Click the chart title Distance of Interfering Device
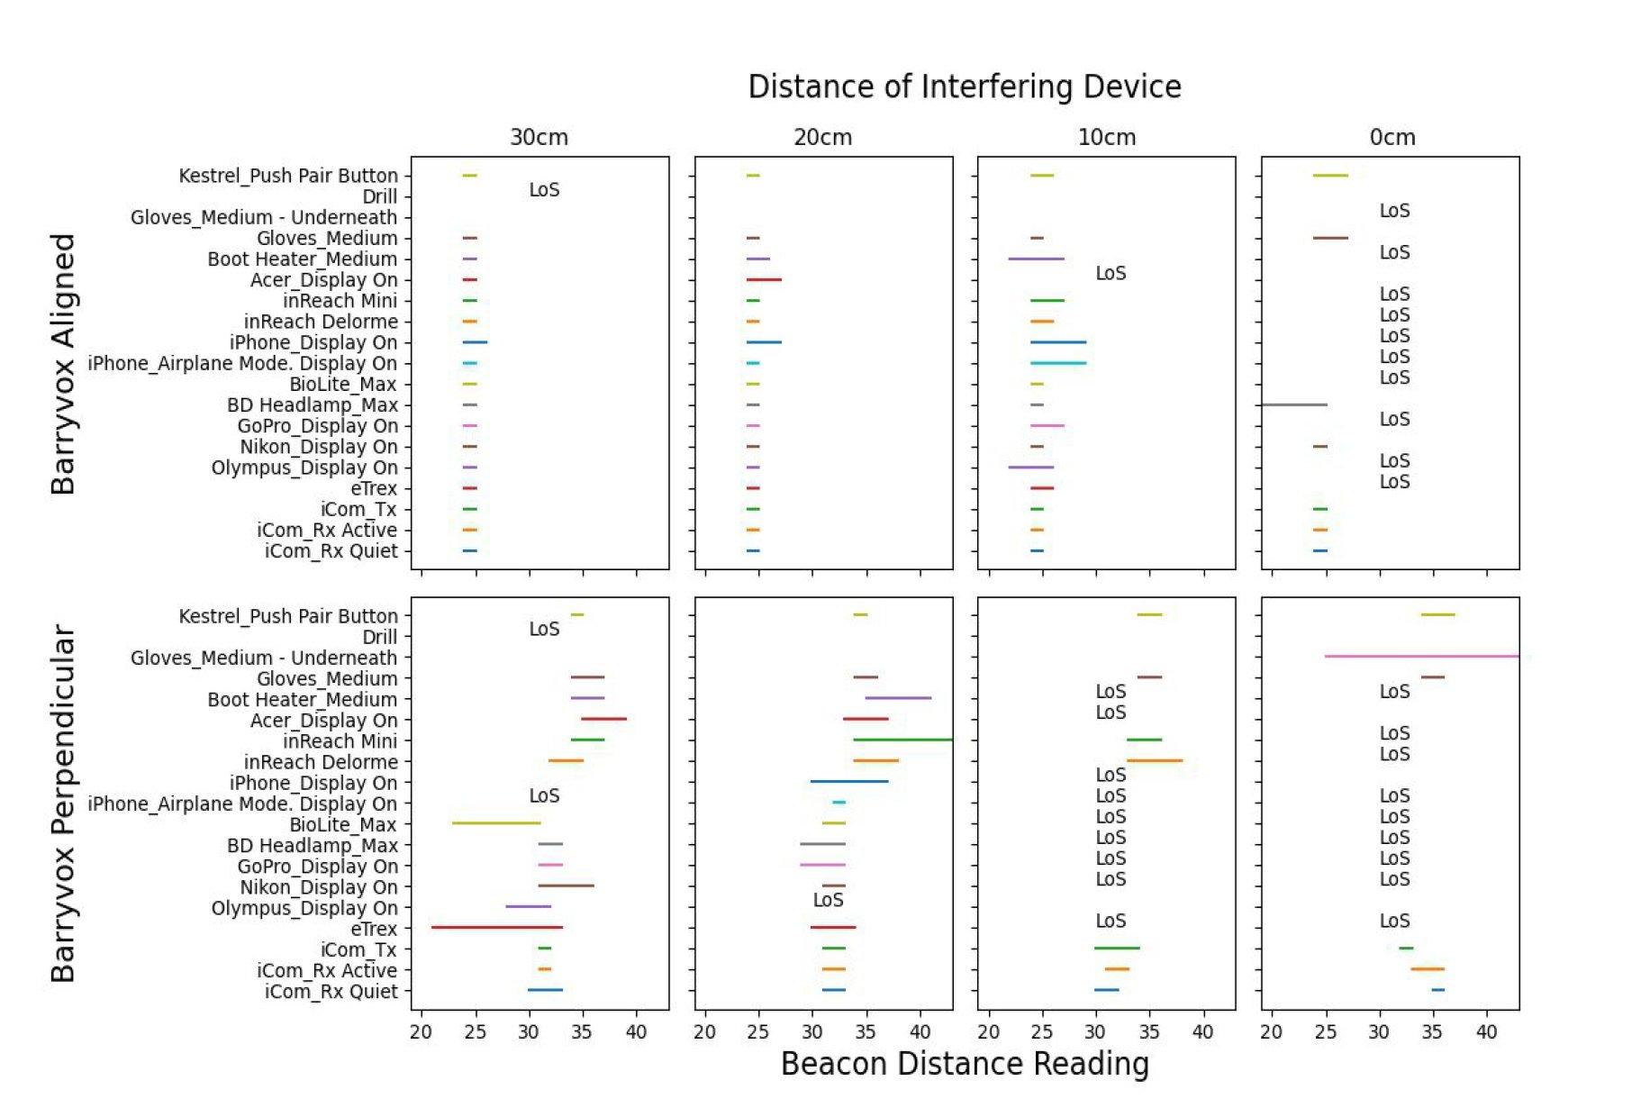964,87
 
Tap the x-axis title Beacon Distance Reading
964,1064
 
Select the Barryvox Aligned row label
62,364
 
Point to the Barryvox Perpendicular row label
62,804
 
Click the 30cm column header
539,138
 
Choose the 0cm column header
1392,138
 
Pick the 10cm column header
1106,138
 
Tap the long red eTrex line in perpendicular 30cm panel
496,927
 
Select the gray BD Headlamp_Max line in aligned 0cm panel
1293,404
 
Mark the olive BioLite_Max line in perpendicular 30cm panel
496,823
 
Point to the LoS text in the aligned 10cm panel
1111,273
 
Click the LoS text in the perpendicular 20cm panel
828,900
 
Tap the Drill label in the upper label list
379,197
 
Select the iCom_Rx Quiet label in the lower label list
331,992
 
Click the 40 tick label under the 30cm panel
636,1032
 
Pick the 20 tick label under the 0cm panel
1271,1032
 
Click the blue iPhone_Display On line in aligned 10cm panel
1058,342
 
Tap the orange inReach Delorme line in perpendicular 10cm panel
1154,760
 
